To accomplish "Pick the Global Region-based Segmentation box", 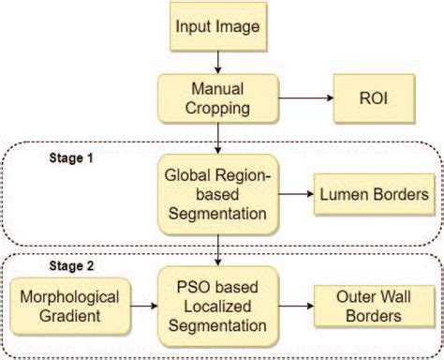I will [x=217, y=193].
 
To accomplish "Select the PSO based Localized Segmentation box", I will [x=217, y=306].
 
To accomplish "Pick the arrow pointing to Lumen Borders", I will [x=296, y=193].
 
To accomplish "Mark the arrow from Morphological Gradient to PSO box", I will [x=141, y=306].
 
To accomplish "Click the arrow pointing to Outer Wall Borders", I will [x=296, y=306].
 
